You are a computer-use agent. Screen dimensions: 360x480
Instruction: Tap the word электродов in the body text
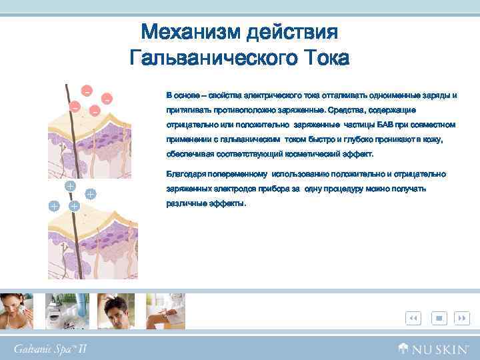[230, 189]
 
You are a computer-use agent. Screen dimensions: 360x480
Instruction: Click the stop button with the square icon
[439, 319]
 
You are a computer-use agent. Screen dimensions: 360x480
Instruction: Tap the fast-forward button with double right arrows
[461, 319]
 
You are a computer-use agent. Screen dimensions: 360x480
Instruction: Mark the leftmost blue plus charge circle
[53, 207]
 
